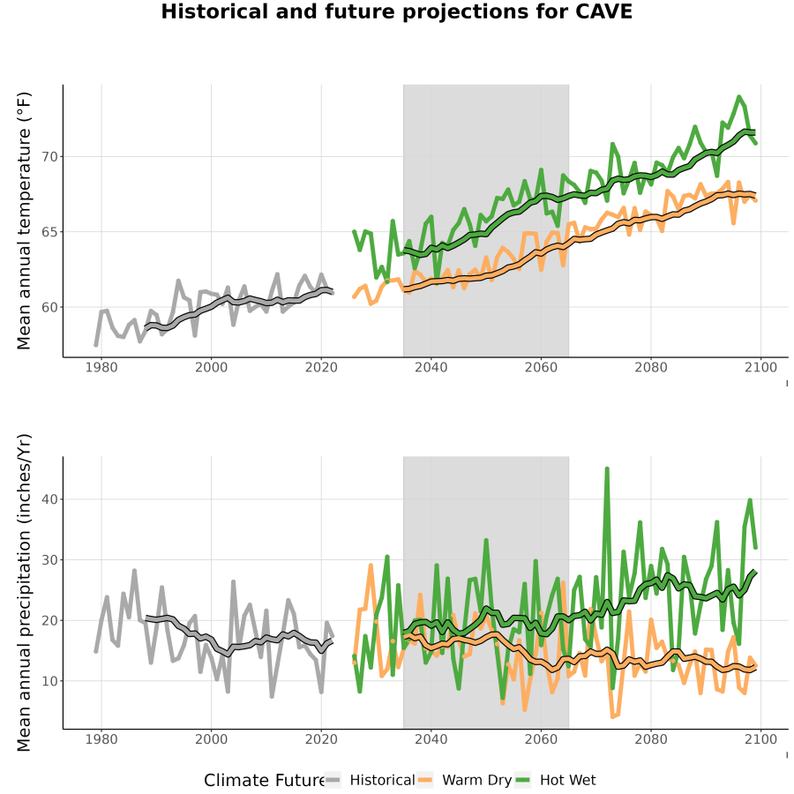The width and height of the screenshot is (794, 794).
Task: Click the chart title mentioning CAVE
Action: pos(396,11)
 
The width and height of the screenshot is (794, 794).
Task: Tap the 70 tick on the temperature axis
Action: pos(50,157)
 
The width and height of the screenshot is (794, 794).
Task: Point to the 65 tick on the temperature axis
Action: pos(50,232)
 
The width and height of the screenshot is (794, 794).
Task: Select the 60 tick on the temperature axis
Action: pos(50,307)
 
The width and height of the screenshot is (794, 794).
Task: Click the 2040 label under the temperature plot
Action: pos(431,367)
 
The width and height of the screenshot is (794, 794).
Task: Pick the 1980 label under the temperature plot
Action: pos(101,367)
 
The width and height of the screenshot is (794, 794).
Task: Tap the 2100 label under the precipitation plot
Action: pos(760,739)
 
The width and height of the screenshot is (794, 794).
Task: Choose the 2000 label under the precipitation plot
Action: pos(211,739)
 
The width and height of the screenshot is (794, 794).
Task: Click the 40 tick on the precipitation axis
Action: pos(50,499)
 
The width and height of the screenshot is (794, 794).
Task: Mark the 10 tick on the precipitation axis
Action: pos(50,681)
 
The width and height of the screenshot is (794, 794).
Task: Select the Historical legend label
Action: pos(382,780)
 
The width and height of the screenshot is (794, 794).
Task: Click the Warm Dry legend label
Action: pos(477,780)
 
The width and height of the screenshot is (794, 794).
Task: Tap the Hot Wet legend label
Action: pos(567,780)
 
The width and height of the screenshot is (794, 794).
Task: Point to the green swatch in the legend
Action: pos(522,780)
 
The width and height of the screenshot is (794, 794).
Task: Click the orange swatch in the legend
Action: pos(425,780)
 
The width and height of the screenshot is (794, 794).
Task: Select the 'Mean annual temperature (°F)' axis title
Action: pos(24,221)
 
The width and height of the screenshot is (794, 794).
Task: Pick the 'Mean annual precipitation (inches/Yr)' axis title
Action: pos(24,593)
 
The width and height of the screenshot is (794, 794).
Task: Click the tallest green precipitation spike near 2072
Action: pos(607,469)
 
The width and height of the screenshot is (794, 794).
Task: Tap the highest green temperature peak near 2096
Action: pos(738,97)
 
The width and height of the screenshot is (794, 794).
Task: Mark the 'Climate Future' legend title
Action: pos(265,780)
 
